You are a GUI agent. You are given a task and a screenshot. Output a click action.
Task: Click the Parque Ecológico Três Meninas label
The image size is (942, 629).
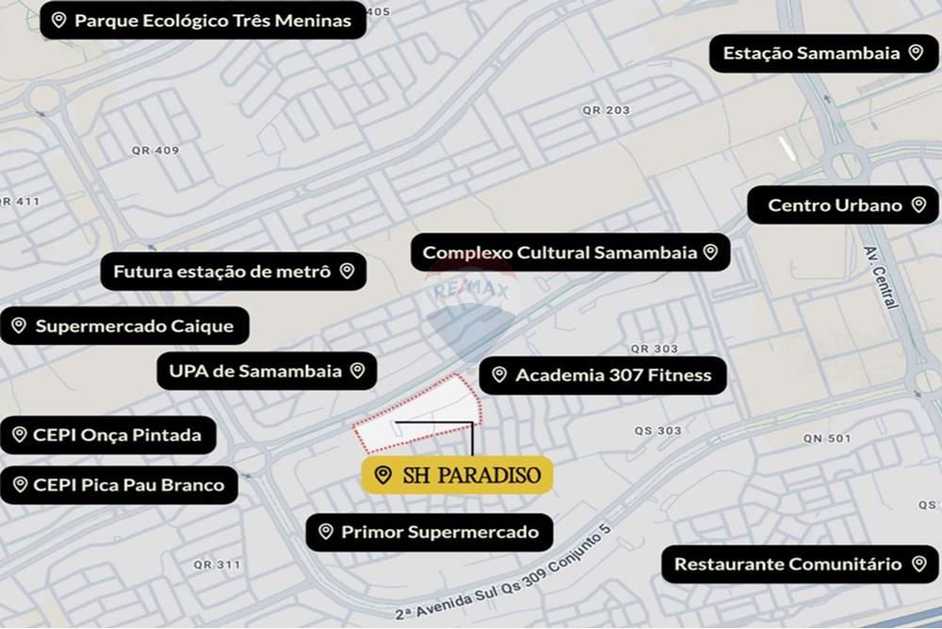(x=203, y=20)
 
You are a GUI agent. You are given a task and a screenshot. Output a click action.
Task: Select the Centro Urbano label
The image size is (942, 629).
(x=843, y=205)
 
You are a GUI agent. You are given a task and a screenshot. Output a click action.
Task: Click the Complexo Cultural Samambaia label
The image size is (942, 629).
(x=570, y=253)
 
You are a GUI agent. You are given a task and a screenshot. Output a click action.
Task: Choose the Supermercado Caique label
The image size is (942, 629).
(x=124, y=326)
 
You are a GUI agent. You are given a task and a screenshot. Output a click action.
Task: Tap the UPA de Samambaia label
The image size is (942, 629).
(x=267, y=371)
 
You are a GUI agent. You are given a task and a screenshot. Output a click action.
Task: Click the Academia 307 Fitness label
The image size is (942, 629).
(x=603, y=375)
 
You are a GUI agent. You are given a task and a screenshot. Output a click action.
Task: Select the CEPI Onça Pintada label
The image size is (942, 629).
(x=107, y=435)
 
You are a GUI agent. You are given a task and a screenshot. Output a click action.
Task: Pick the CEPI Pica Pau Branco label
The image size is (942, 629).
(x=119, y=485)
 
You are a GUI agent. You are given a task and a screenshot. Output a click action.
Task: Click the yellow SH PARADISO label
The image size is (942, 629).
(x=458, y=474)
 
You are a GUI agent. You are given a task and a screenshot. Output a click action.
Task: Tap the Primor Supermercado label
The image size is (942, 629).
(x=429, y=532)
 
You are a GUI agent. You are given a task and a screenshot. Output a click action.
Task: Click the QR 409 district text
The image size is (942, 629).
(x=155, y=150)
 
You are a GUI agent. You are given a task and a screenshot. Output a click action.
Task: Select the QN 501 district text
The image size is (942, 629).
(x=827, y=439)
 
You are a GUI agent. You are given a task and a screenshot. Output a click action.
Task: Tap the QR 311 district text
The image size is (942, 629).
(x=217, y=565)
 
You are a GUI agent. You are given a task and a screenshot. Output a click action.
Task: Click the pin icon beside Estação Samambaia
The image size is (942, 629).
(x=915, y=53)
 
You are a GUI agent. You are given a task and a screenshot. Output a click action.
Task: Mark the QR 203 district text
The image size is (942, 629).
(x=606, y=110)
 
